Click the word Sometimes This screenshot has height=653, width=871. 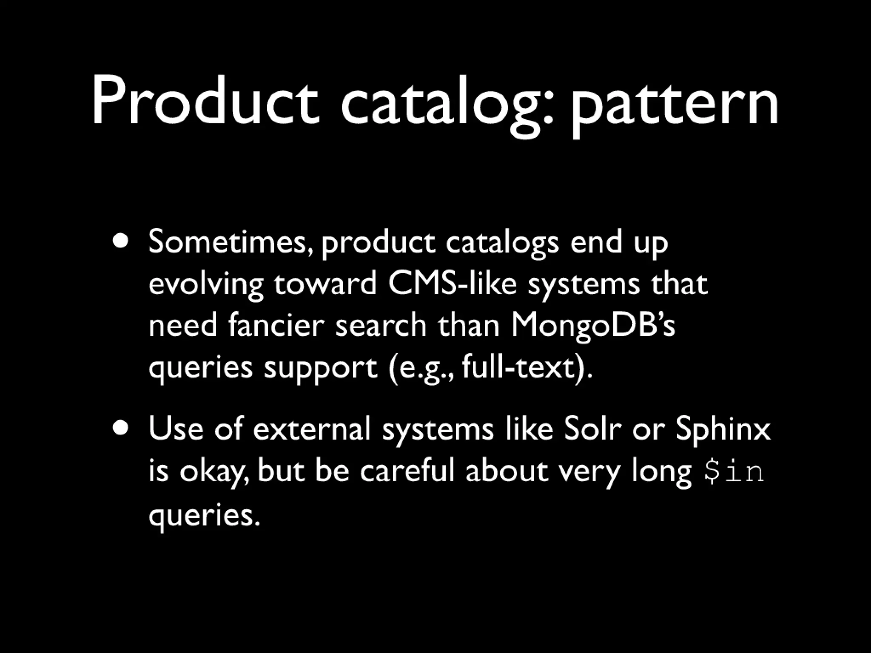click(x=230, y=243)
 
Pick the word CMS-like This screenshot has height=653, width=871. click(x=452, y=284)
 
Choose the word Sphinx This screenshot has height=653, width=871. click(x=723, y=429)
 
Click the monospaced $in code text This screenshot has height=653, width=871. click(x=734, y=472)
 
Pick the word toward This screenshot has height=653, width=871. click(x=325, y=284)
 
